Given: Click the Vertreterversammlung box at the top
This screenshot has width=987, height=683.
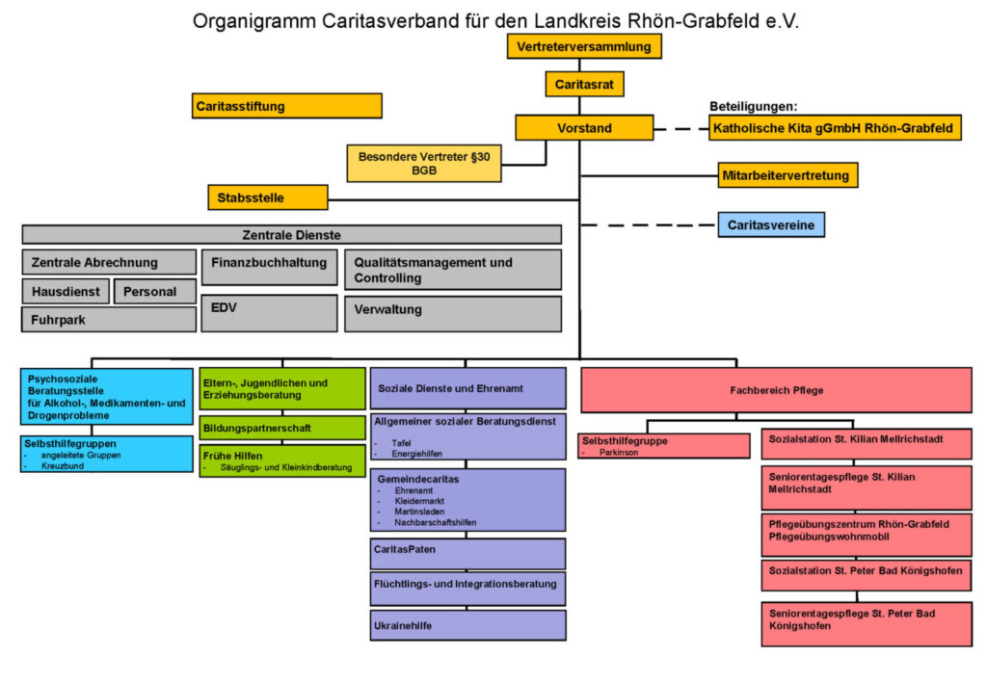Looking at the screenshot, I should click(x=584, y=46).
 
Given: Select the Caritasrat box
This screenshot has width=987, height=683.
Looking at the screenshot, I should click(x=584, y=85).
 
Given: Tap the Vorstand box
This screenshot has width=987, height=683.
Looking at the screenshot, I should click(x=584, y=128).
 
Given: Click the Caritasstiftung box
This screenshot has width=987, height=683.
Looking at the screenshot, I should click(x=287, y=106).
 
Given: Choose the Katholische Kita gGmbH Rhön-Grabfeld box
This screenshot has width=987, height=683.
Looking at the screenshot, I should click(x=835, y=128).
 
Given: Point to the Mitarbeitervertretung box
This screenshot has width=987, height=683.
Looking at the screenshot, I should click(x=787, y=175).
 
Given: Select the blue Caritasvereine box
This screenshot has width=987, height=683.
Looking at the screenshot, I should click(x=770, y=225).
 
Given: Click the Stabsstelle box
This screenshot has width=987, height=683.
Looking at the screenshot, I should click(x=267, y=198).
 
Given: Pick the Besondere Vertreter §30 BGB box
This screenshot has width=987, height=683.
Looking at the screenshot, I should click(x=424, y=163).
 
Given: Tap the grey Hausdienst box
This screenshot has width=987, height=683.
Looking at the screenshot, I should click(x=66, y=291).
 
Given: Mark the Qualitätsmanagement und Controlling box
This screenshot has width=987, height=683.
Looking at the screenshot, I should click(x=452, y=270).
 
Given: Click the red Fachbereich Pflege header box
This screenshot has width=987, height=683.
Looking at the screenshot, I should click(x=775, y=390).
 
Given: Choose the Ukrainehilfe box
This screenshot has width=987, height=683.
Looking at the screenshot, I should click(x=467, y=625).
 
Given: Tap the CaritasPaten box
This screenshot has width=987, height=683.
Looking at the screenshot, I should click(x=467, y=554).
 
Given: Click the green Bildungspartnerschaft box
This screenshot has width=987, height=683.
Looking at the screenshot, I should click(x=269, y=428).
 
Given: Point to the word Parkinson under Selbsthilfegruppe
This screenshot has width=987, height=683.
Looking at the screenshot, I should click(x=618, y=452).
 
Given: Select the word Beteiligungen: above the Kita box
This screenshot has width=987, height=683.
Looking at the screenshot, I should click(x=754, y=107).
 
